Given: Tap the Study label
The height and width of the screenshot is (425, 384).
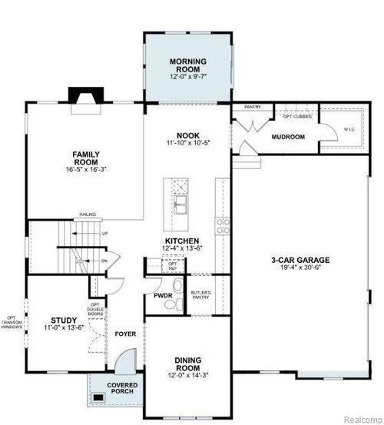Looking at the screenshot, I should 62,320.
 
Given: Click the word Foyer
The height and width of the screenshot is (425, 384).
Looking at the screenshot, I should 124,334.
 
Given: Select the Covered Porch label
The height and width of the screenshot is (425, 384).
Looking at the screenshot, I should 123,388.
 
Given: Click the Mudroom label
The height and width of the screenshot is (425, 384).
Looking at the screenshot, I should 288,137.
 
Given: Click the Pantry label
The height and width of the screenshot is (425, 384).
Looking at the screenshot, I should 253,107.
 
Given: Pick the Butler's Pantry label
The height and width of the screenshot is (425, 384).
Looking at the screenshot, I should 200,296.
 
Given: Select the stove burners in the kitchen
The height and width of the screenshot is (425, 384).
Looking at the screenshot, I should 223,225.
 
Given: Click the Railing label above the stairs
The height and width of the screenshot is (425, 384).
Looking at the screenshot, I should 86,216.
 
